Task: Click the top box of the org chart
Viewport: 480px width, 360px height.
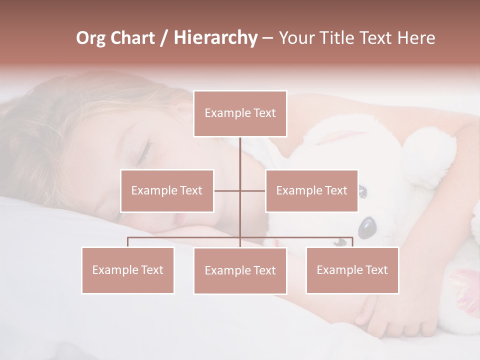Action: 240,113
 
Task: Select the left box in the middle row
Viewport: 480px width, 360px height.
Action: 167,190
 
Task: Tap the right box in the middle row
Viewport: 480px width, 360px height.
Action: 311,190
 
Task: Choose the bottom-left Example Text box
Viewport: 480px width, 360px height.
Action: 128,270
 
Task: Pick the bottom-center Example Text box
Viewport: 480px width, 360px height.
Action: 240,270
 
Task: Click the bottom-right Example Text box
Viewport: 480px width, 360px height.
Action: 352,270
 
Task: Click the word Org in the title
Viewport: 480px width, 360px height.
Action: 90,38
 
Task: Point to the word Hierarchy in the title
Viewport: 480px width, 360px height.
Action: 215,38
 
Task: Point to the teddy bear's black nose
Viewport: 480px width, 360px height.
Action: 367,227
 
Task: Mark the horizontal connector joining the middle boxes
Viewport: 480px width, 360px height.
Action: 240,190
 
